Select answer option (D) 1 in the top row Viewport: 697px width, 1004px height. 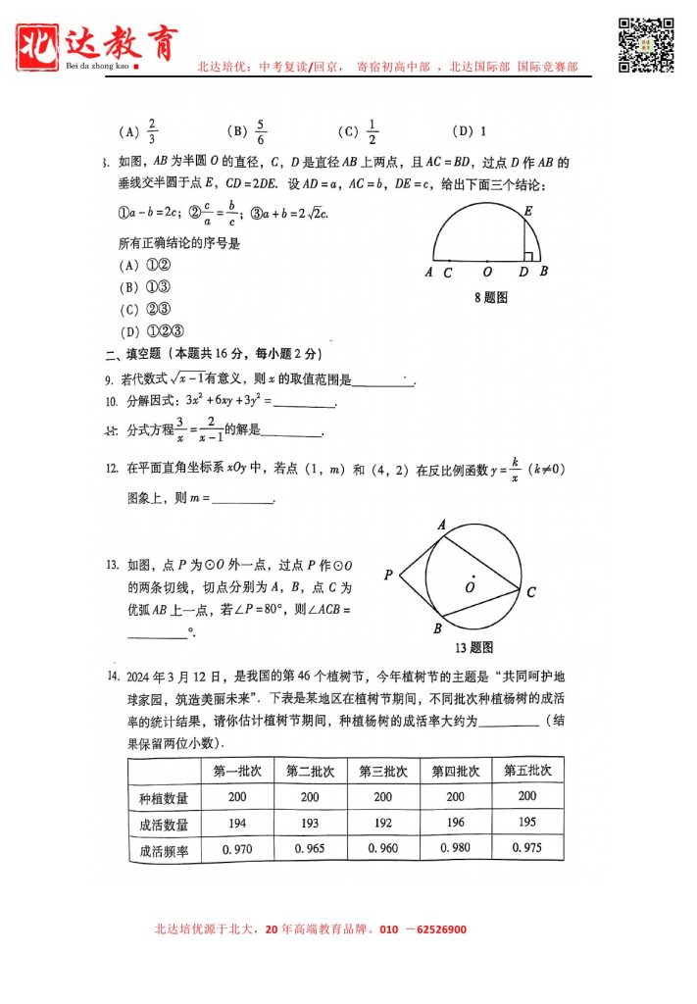pyautogui.click(x=470, y=131)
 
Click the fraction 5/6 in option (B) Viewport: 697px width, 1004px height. pyautogui.click(x=261, y=131)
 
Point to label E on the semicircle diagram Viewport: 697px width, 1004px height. pyautogui.click(x=527, y=210)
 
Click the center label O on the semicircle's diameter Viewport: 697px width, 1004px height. pyautogui.click(x=487, y=273)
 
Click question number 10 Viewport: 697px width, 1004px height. pyautogui.click(x=111, y=401)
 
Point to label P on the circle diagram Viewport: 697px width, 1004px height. pyautogui.click(x=389, y=576)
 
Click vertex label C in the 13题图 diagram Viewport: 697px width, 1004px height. pyautogui.click(x=530, y=592)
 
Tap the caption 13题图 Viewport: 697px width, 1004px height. pyautogui.click(x=473, y=647)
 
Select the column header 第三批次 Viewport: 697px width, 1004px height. pyautogui.click(x=383, y=771)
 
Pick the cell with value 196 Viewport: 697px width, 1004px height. pyautogui.click(x=456, y=824)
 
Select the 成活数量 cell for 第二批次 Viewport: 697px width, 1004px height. pyautogui.click(x=310, y=824)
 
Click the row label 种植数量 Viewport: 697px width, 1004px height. pyautogui.click(x=164, y=798)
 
